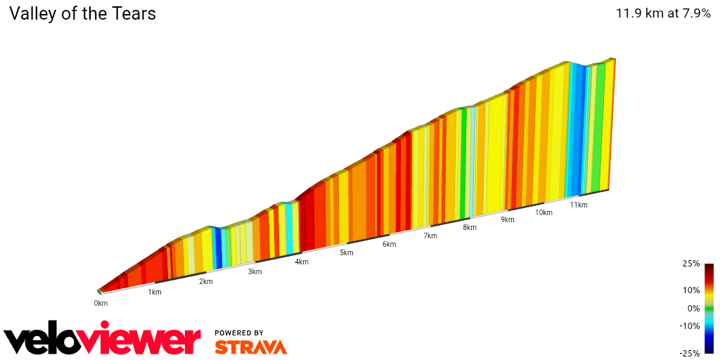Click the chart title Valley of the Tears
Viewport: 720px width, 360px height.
coord(82,13)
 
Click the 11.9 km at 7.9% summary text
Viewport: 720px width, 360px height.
coord(663,13)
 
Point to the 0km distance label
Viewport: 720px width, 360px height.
coord(101,303)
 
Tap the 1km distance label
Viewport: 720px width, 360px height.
coord(155,292)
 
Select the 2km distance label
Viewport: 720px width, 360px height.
coord(205,281)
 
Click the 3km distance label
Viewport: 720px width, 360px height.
coord(255,271)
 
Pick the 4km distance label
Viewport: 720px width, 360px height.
coord(302,262)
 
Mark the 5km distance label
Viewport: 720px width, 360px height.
coord(346,252)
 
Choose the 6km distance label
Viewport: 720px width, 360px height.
coord(389,244)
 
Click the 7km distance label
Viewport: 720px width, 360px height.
coord(430,236)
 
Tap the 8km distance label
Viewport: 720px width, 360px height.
coord(470,227)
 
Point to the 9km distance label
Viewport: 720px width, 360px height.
coord(507,219)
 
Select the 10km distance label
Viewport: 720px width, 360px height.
coord(543,212)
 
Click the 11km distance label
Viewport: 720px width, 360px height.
coord(579,205)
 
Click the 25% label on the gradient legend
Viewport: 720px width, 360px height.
coord(691,264)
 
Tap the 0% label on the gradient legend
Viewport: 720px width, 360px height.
coord(693,308)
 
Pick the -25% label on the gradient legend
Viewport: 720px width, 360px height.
coord(690,353)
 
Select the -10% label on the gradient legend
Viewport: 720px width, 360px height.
coord(690,326)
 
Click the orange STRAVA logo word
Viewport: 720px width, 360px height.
coord(250,347)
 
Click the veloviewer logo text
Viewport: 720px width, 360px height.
coord(103,340)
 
